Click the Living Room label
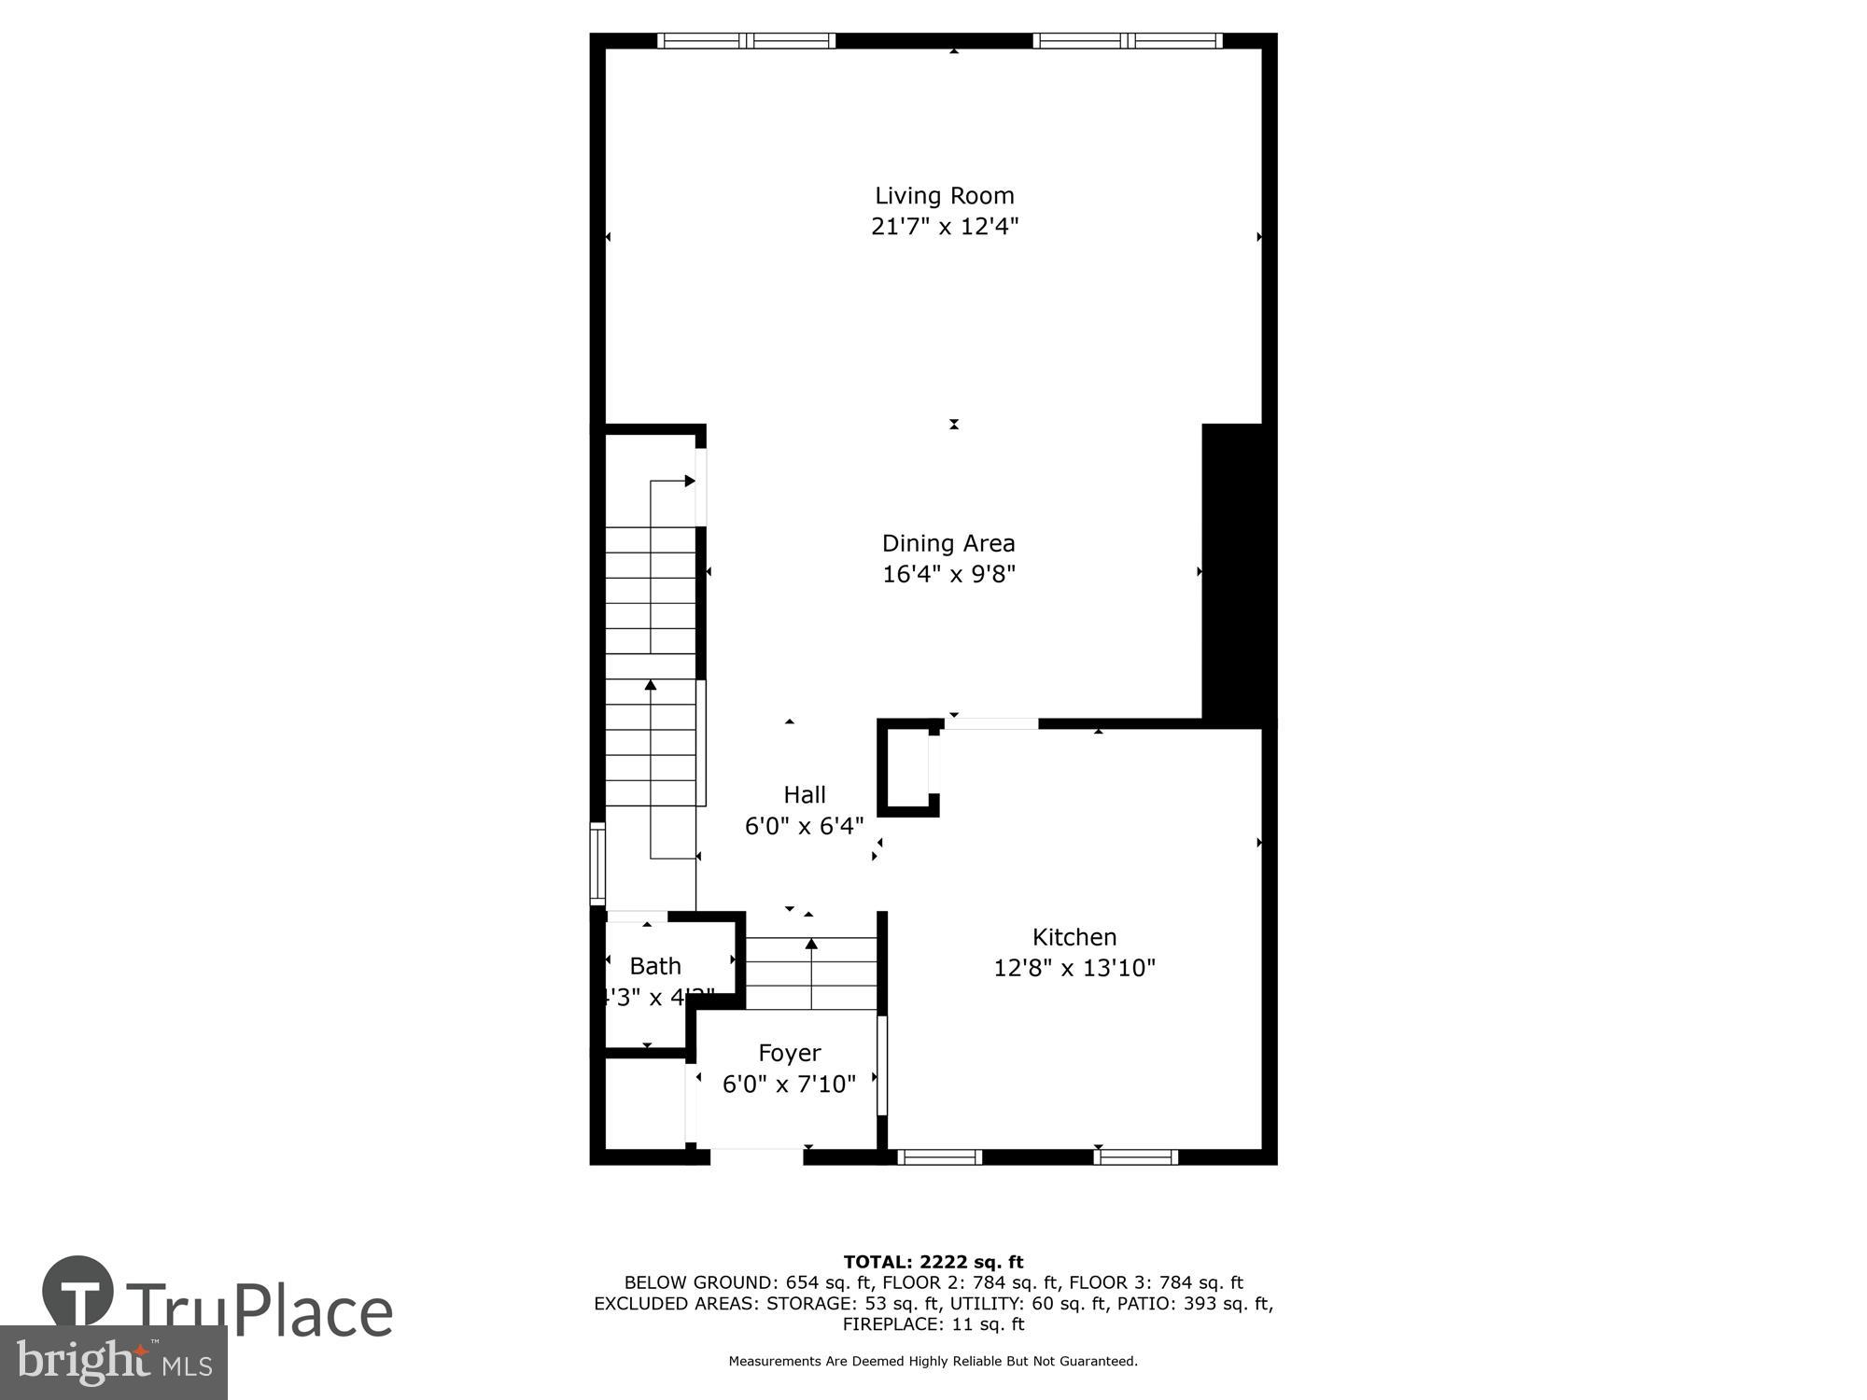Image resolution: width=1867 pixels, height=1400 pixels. point(944,196)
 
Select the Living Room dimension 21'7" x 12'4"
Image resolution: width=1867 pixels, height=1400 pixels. point(944,227)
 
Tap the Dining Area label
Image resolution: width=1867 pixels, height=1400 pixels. point(948,543)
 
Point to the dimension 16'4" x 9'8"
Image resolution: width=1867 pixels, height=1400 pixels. point(948,574)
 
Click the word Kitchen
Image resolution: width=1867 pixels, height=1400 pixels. point(1074,937)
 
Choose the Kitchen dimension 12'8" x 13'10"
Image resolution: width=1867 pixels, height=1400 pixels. point(1074,968)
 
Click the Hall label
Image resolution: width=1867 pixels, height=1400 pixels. point(804,795)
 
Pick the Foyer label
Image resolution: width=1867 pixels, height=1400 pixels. point(789,1053)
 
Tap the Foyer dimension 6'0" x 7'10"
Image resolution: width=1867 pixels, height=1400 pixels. point(789,1084)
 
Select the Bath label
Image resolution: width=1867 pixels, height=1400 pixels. point(654,966)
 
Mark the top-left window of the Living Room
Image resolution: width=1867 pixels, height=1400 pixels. point(746,40)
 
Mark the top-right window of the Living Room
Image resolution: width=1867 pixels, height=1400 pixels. point(1128,40)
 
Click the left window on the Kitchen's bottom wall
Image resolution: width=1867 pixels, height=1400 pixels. point(939,1157)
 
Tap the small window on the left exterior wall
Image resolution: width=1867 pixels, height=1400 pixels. point(597,863)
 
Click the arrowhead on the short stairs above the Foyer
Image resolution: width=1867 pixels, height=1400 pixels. point(811,945)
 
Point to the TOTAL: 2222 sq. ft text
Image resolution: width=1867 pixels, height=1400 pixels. point(933,1263)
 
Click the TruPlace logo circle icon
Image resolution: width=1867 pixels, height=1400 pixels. point(78,1292)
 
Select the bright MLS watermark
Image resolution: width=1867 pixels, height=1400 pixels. point(113,1363)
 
